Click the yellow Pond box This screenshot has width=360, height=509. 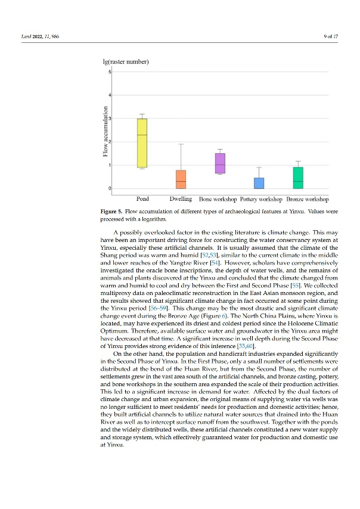142,143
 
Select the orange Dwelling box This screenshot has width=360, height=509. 181,179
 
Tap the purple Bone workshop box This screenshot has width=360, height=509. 220,163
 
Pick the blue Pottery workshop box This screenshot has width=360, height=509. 259,183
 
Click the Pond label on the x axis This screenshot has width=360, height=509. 143,198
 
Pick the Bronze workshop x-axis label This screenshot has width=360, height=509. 308,198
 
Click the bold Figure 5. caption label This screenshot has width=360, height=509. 114,211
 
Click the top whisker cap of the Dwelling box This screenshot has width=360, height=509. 181,144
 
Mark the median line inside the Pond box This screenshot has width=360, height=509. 142,135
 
